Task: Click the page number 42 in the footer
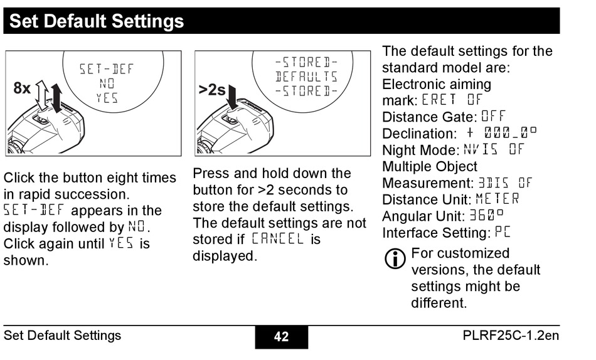pos(281,337)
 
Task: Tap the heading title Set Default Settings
pos(97,21)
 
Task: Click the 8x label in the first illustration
pos(22,88)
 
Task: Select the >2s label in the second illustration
pos(212,90)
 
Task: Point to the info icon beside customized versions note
pos(395,259)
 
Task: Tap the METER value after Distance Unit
pos(498,199)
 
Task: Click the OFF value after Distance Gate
pos(493,117)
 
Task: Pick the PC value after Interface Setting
pos(503,233)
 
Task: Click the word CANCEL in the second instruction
pos(278,239)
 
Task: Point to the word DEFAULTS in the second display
pos(306,77)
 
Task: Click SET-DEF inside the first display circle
pos(107,68)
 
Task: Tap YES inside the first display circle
pos(107,98)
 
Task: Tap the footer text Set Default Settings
pos(62,336)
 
